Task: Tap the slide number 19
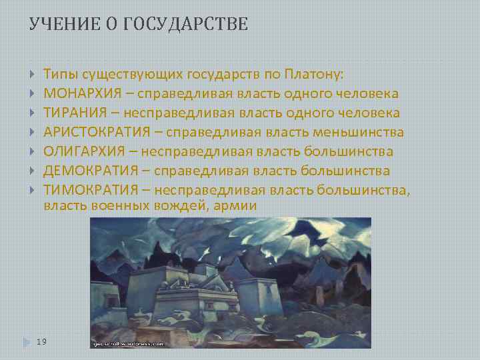[42, 341]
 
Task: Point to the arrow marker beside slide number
[27, 342]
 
